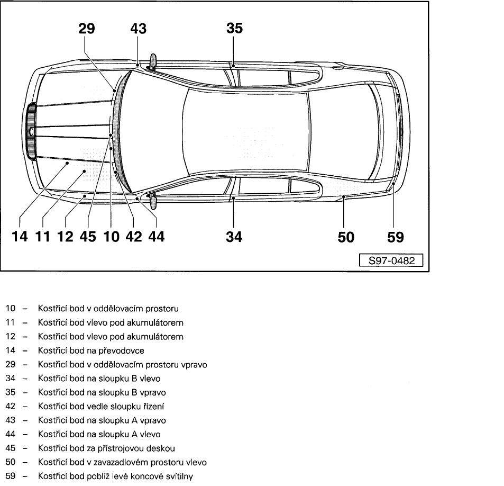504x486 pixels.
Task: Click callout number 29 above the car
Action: pyautogui.click(x=86, y=28)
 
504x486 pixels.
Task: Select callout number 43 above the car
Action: pyautogui.click(x=138, y=28)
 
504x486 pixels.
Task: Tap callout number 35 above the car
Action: pyautogui.click(x=234, y=28)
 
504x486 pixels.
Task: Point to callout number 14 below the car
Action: pyautogui.click(x=20, y=237)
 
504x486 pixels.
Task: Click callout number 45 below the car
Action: pyautogui.click(x=88, y=237)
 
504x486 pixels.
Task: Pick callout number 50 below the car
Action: pyautogui.click(x=346, y=237)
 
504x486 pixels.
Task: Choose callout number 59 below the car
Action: pyautogui.click(x=396, y=237)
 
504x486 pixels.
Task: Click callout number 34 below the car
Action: pyautogui.click(x=234, y=237)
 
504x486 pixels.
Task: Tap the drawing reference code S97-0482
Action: pyautogui.click(x=391, y=260)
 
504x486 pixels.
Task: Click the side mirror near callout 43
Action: pyautogui.click(x=153, y=62)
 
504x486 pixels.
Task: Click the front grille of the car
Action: pyautogui.click(x=32, y=131)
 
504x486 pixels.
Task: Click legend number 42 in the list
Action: pyautogui.click(x=10, y=406)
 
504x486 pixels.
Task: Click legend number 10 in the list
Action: pyautogui.click(x=10, y=308)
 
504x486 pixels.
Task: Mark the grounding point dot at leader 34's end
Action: pyautogui.click(x=234, y=198)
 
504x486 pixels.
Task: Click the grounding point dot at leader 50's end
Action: pyautogui.click(x=344, y=196)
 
